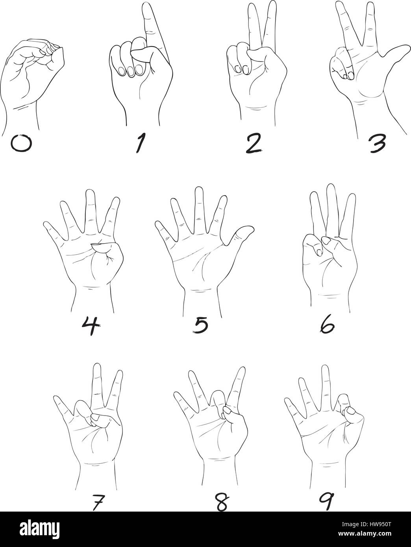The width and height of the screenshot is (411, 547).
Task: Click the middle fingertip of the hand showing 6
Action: [x=331, y=187]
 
